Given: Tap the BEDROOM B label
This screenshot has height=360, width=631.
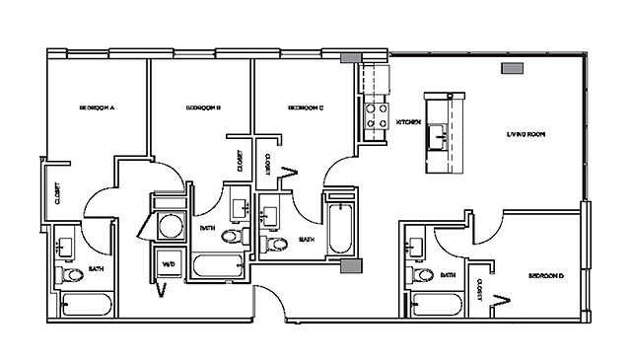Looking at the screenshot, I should tap(202, 107).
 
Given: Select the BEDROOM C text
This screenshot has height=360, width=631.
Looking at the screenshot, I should tap(307, 107).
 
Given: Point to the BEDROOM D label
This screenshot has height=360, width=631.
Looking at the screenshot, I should tap(545, 275).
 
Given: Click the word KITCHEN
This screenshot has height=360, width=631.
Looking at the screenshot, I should tap(409, 122).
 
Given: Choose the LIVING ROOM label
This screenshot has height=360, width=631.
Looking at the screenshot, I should tap(526, 133).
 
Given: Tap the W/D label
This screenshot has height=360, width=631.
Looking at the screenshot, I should tap(167, 264).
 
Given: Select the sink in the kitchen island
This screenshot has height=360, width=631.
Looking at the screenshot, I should tap(438, 134).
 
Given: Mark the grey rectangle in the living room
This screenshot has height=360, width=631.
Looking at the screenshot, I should tap(512, 69).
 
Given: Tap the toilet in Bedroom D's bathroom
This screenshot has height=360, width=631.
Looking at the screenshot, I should tap(423, 274).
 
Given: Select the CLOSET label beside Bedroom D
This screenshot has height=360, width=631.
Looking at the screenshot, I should tap(478, 287).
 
